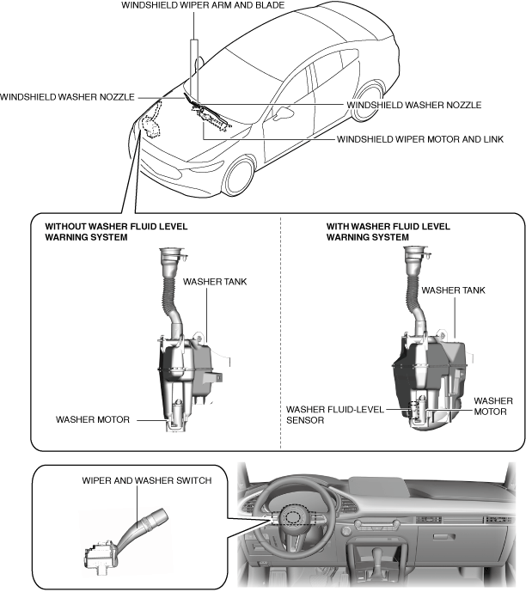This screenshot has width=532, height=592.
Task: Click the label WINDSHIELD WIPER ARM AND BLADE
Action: pyautogui.click(x=203, y=5)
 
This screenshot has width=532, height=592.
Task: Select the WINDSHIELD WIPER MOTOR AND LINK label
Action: pyautogui.click(x=420, y=139)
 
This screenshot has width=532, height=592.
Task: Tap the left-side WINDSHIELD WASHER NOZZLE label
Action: pyautogui.click(x=67, y=97)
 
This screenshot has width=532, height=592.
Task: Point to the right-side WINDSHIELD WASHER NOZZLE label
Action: pyautogui.click(x=413, y=105)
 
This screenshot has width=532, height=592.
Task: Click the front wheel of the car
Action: pyautogui.click(x=240, y=177)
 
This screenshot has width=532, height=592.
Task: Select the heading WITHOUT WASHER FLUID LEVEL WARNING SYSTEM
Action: pyautogui.click(x=116, y=232)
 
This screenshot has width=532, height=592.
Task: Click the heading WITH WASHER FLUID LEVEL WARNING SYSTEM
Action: pyautogui.click(x=388, y=232)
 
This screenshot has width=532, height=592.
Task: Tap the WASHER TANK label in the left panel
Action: pyautogui.click(x=215, y=282)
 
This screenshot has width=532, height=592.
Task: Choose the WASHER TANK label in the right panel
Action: pyautogui.click(x=453, y=290)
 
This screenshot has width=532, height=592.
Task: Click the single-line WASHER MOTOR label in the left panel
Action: pyautogui.click(x=93, y=420)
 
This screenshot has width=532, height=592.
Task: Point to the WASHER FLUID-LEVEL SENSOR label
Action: pyautogui.click(x=335, y=415)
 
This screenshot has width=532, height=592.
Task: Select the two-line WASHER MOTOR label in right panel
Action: pyautogui.click(x=493, y=406)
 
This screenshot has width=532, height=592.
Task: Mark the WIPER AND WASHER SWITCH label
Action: pyautogui.click(x=146, y=480)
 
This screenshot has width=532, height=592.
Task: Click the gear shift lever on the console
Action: pyautogui.click(x=377, y=557)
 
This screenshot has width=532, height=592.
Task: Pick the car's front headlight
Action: pyautogui.click(x=207, y=166)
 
